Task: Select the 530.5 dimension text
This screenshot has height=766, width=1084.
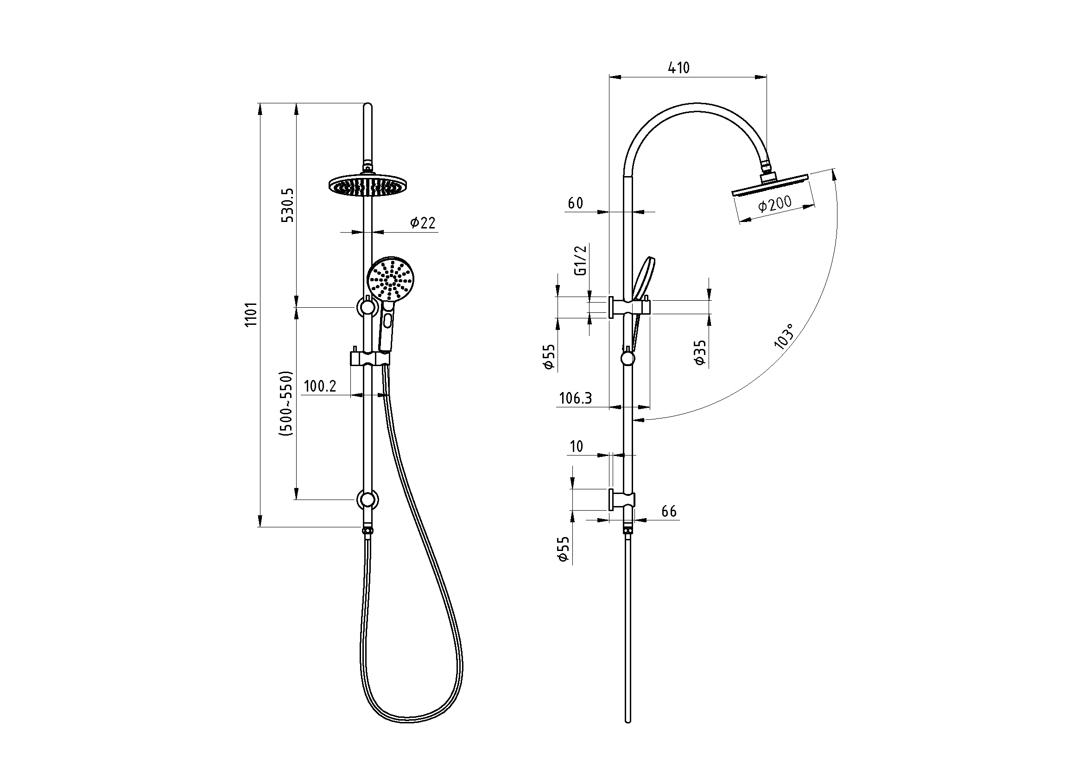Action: coord(288,205)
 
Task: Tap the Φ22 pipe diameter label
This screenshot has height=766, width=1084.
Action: coord(423,222)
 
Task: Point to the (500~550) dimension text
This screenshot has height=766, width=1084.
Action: coord(286,404)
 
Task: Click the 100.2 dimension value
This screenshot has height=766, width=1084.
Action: coord(320,386)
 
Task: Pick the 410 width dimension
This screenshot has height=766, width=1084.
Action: coord(679,68)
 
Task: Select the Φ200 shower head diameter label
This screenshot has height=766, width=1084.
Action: coord(775,204)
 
